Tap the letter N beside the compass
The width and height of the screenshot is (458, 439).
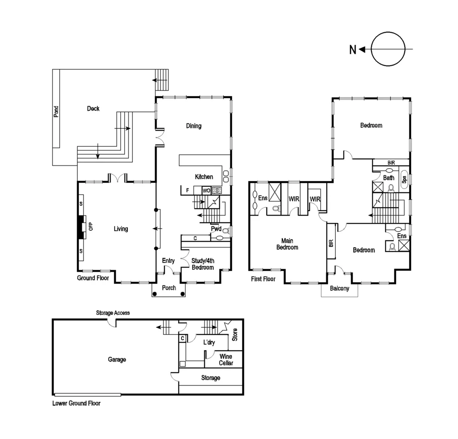tap(353, 50)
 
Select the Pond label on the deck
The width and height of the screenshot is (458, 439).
tap(56, 112)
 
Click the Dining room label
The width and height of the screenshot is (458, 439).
tap(194, 126)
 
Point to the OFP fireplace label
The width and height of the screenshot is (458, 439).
tap(91, 226)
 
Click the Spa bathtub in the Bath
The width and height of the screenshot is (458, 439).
tap(404, 178)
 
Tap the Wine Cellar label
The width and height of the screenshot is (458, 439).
tap(226, 360)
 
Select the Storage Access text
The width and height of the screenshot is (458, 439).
tap(113, 313)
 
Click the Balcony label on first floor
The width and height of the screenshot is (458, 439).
tap(339, 289)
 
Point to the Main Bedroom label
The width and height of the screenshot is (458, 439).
tap(287, 244)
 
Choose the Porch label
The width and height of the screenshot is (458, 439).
tap(169, 288)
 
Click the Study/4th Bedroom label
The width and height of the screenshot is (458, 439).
tap(203, 264)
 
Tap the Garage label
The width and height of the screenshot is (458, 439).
tap(117, 359)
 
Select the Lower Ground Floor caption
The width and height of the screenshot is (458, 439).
tap(76, 404)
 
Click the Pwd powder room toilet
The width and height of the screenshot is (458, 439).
tap(226, 231)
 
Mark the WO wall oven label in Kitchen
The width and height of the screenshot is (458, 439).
tap(206, 190)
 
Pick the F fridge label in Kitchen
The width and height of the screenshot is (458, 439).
tap(187, 190)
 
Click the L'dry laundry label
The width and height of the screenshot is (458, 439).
tap(209, 343)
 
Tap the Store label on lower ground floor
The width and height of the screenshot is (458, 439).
tap(234, 334)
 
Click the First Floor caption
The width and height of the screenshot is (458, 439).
tap(263, 279)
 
